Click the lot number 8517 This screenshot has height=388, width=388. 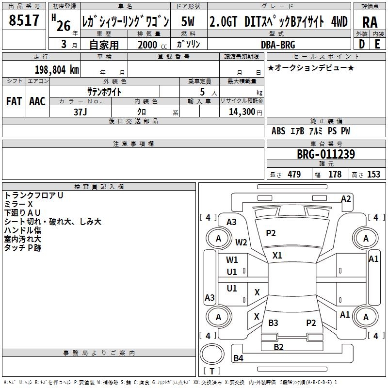[x=24, y=20]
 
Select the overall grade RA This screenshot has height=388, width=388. [x=370, y=22]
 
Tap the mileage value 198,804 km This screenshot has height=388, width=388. [x=57, y=69]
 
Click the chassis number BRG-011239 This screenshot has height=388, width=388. [x=326, y=154]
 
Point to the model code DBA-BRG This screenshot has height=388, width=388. [x=278, y=45]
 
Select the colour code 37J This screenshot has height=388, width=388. [x=80, y=112]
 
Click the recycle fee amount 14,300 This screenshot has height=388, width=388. [x=242, y=112]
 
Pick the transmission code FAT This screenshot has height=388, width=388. [x=14, y=101]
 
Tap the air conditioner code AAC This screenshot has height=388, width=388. [x=37, y=101]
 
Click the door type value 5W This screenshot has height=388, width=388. [x=188, y=21]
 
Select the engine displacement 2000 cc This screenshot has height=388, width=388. [x=152, y=45]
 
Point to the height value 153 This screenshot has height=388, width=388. [x=373, y=174]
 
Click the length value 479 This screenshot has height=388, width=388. [x=294, y=174]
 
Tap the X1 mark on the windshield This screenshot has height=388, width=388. [x=277, y=256]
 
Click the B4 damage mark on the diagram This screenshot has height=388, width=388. [x=239, y=358]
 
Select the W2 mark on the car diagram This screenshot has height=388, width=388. [x=241, y=242]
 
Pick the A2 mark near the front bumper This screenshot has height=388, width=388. [x=346, y=199]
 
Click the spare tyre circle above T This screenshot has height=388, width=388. [x=212, y=354]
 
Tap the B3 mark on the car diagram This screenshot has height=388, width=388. [x=273, y=323]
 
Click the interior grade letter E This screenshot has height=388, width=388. [x=377, y=44]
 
